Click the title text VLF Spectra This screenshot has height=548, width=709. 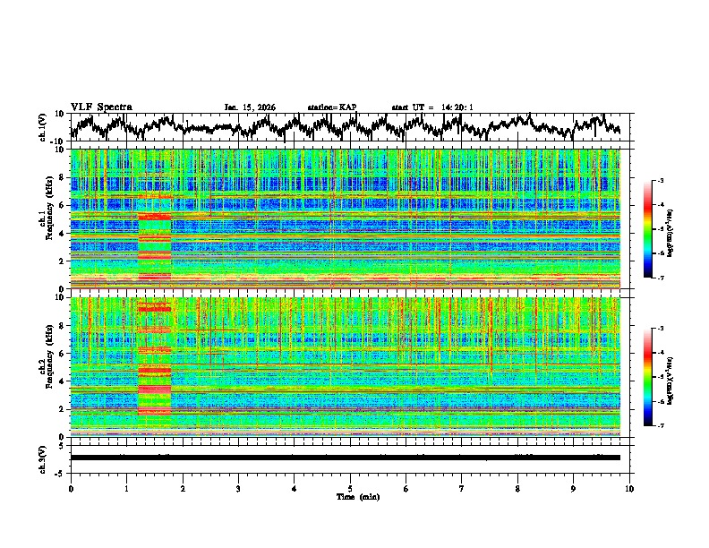(x=101, y=107)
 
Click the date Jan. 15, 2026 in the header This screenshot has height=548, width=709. (x=250, y=107)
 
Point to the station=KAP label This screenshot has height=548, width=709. (x=332, y=107)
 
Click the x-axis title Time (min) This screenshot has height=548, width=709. (x=350, y=496)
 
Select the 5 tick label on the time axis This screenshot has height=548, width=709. (x=350, y=488)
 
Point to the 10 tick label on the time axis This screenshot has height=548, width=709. (x=629, y=488)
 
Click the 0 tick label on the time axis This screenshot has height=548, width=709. (x=71, y=488)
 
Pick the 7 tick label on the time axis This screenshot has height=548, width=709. (x=462, y=488)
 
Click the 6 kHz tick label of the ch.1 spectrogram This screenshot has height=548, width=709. (x=61, y=205)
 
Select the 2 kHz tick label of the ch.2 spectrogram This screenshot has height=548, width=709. (x=61, y=408)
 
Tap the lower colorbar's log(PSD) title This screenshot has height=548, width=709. (x=682, y=377)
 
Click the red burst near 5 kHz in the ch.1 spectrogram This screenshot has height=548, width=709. (x=154, y=216)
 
